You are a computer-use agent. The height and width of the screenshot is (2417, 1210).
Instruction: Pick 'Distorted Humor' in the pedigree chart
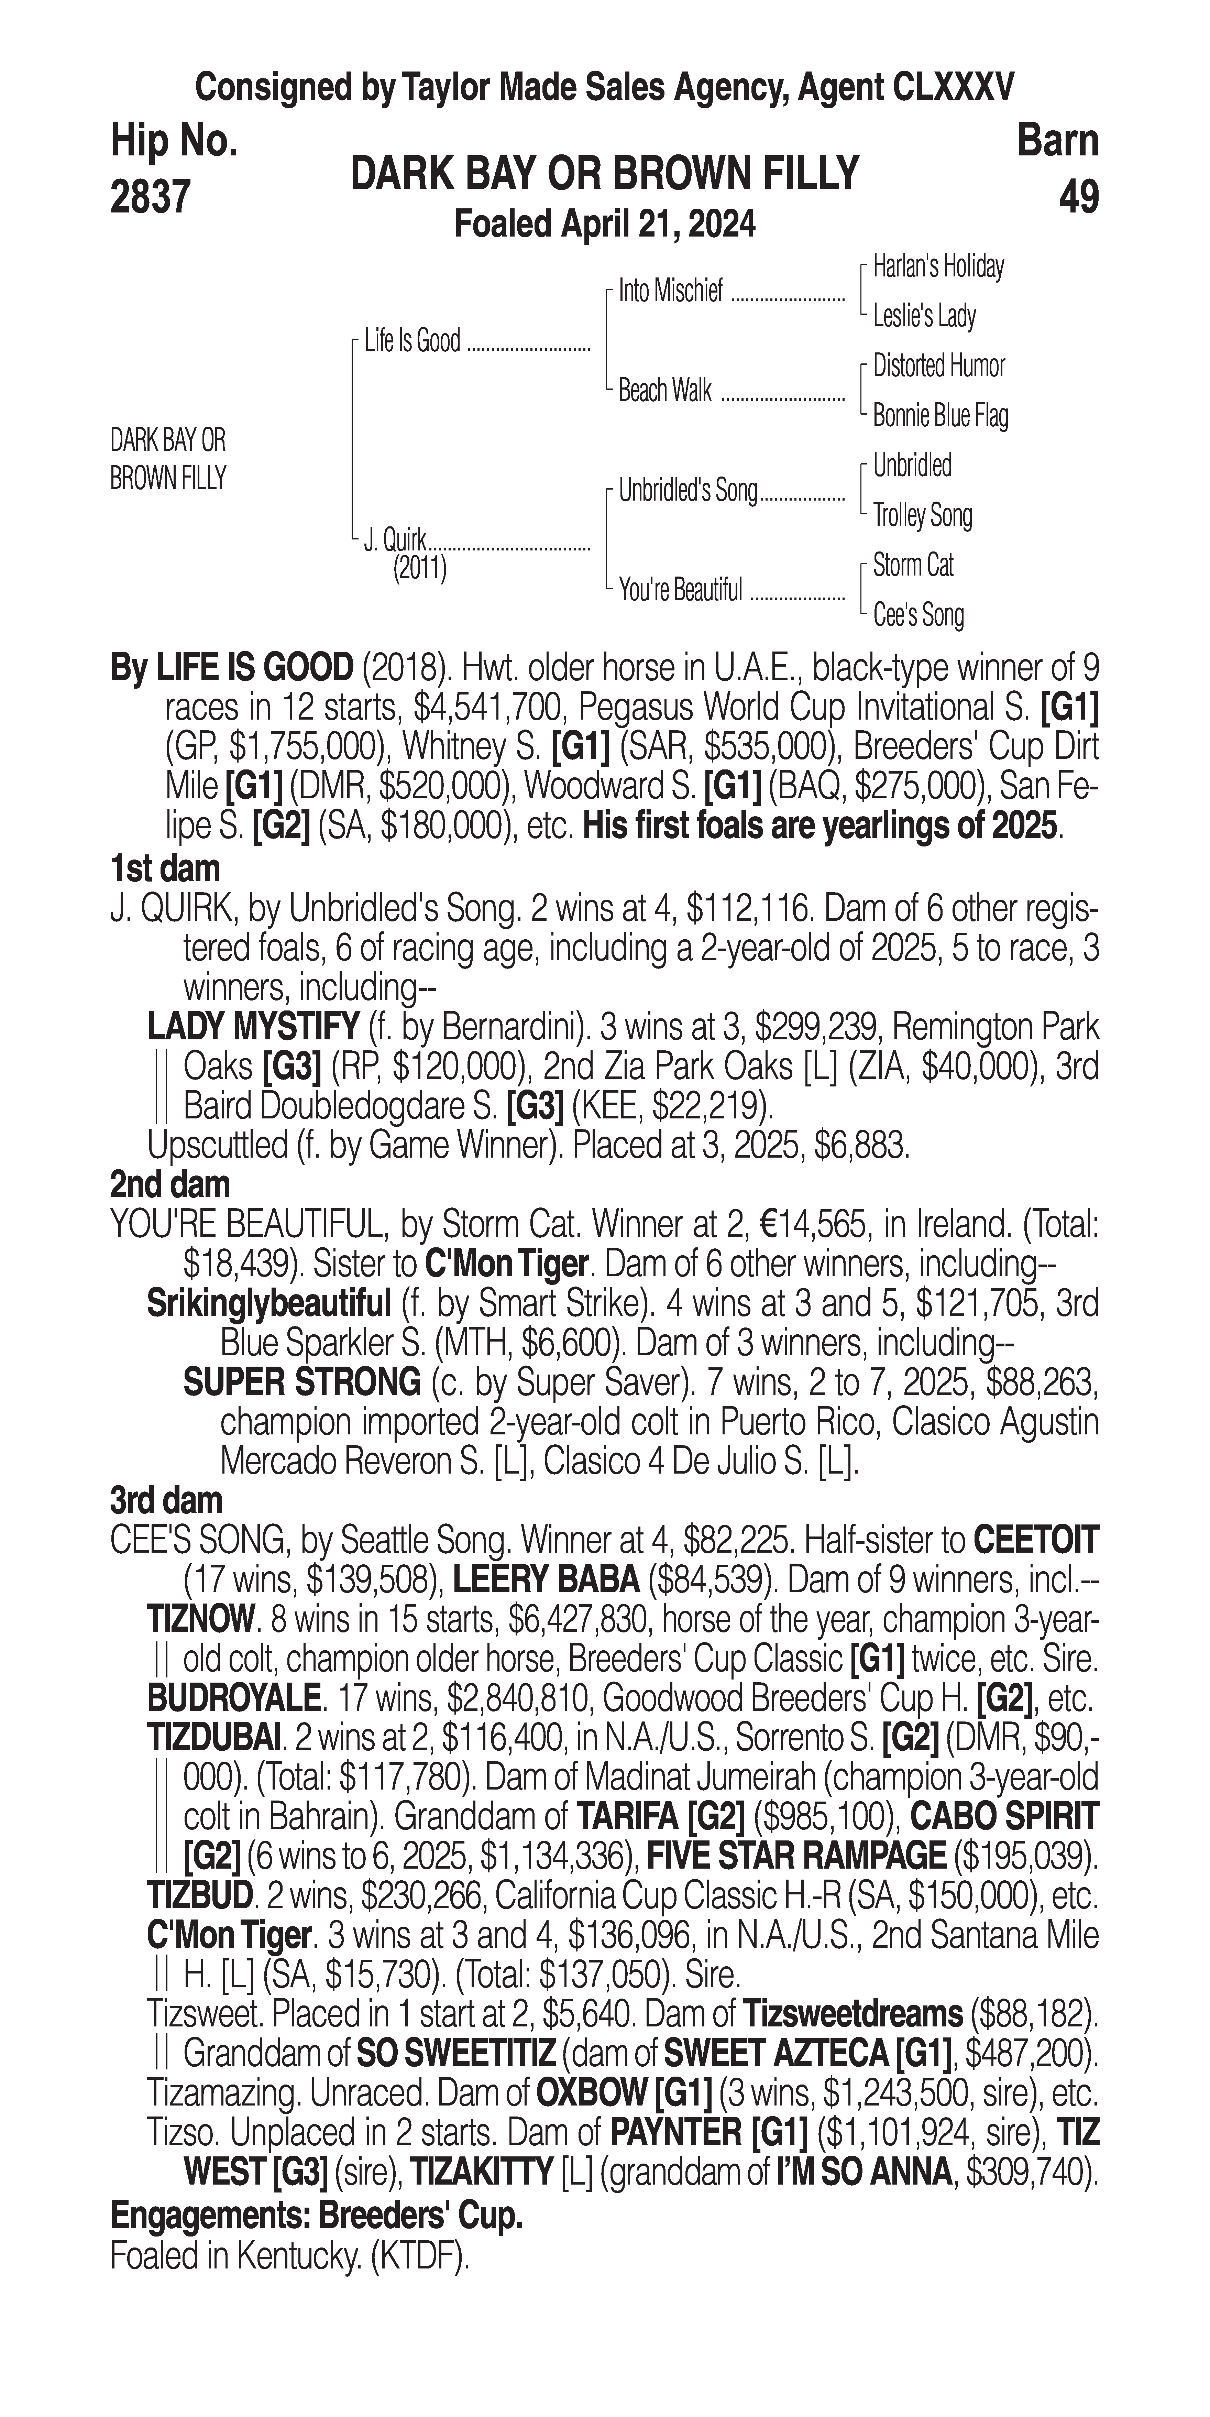[938, 366]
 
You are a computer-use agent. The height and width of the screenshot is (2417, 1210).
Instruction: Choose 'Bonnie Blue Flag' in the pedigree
[940, 416]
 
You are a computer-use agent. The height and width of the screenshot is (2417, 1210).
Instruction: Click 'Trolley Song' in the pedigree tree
[922, 515]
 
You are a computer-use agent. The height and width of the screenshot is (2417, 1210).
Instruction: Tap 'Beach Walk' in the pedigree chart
[665, 390]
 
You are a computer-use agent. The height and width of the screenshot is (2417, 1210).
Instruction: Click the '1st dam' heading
[165, 868]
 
